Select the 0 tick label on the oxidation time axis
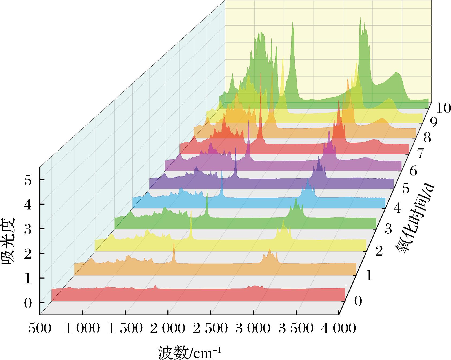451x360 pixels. (x=358, y=301)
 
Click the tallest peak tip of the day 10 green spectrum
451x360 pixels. (x=360, y=18)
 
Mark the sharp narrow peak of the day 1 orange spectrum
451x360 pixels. (x=174, y=244)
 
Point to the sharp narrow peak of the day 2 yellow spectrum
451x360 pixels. (x=191, y=211)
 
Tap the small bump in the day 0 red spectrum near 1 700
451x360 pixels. (x=155, y=286)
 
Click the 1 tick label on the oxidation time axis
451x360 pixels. (x=369, y=276)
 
